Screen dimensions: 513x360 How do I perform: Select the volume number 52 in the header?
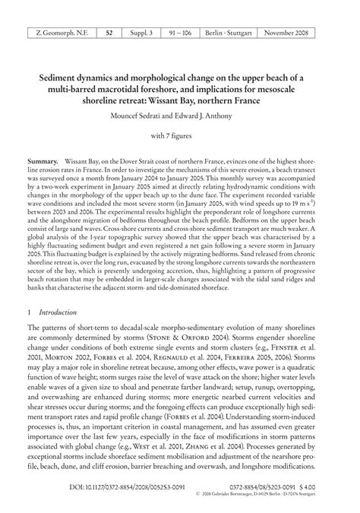(109, 33)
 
